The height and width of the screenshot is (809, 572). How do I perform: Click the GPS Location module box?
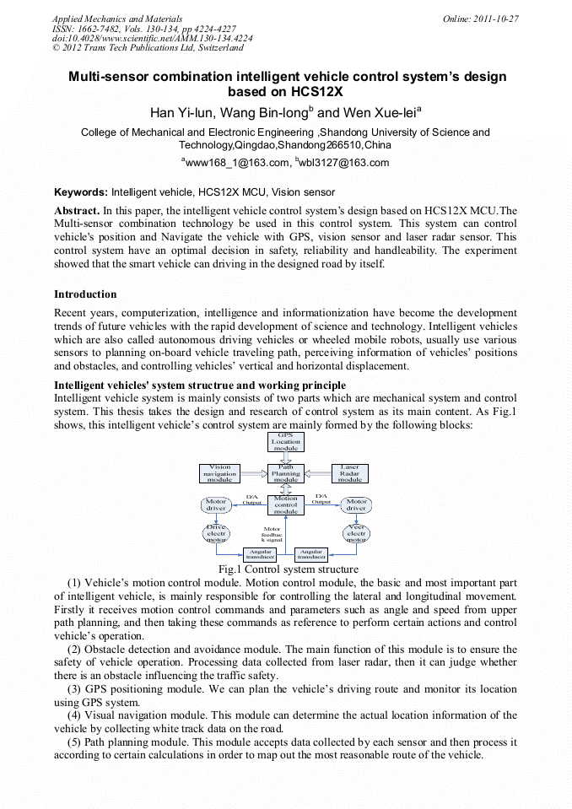[286, 441]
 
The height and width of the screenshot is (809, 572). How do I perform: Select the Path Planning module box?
[286, 473]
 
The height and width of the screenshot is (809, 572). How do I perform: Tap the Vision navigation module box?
[219, 473]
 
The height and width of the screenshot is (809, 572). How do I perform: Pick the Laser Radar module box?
[349, 473]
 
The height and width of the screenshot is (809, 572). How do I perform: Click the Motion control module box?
[286, 504]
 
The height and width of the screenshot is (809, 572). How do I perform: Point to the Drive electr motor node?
[216, 533]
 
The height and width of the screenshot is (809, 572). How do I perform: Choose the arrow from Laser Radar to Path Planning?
[317, 473]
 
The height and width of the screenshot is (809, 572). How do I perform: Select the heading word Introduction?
[85, 294]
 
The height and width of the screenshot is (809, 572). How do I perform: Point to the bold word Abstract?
[77, 210]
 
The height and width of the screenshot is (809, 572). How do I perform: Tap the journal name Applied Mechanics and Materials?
[116, 19]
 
